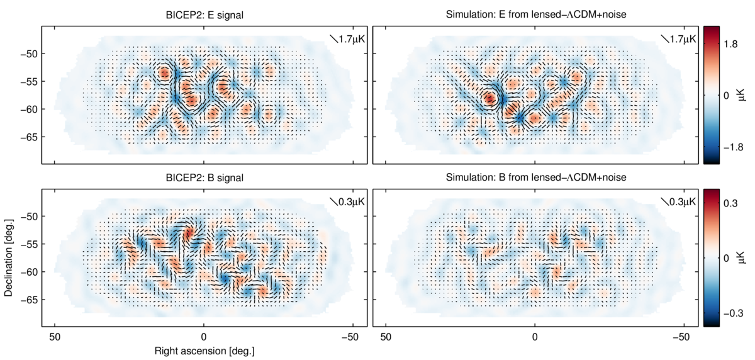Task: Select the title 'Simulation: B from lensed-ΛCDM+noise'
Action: tap(535, 177)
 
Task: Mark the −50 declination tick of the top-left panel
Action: tap(30, 53)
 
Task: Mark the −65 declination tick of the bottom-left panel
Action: tap(30, 300)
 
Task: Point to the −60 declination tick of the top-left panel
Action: tap(30, 109)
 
